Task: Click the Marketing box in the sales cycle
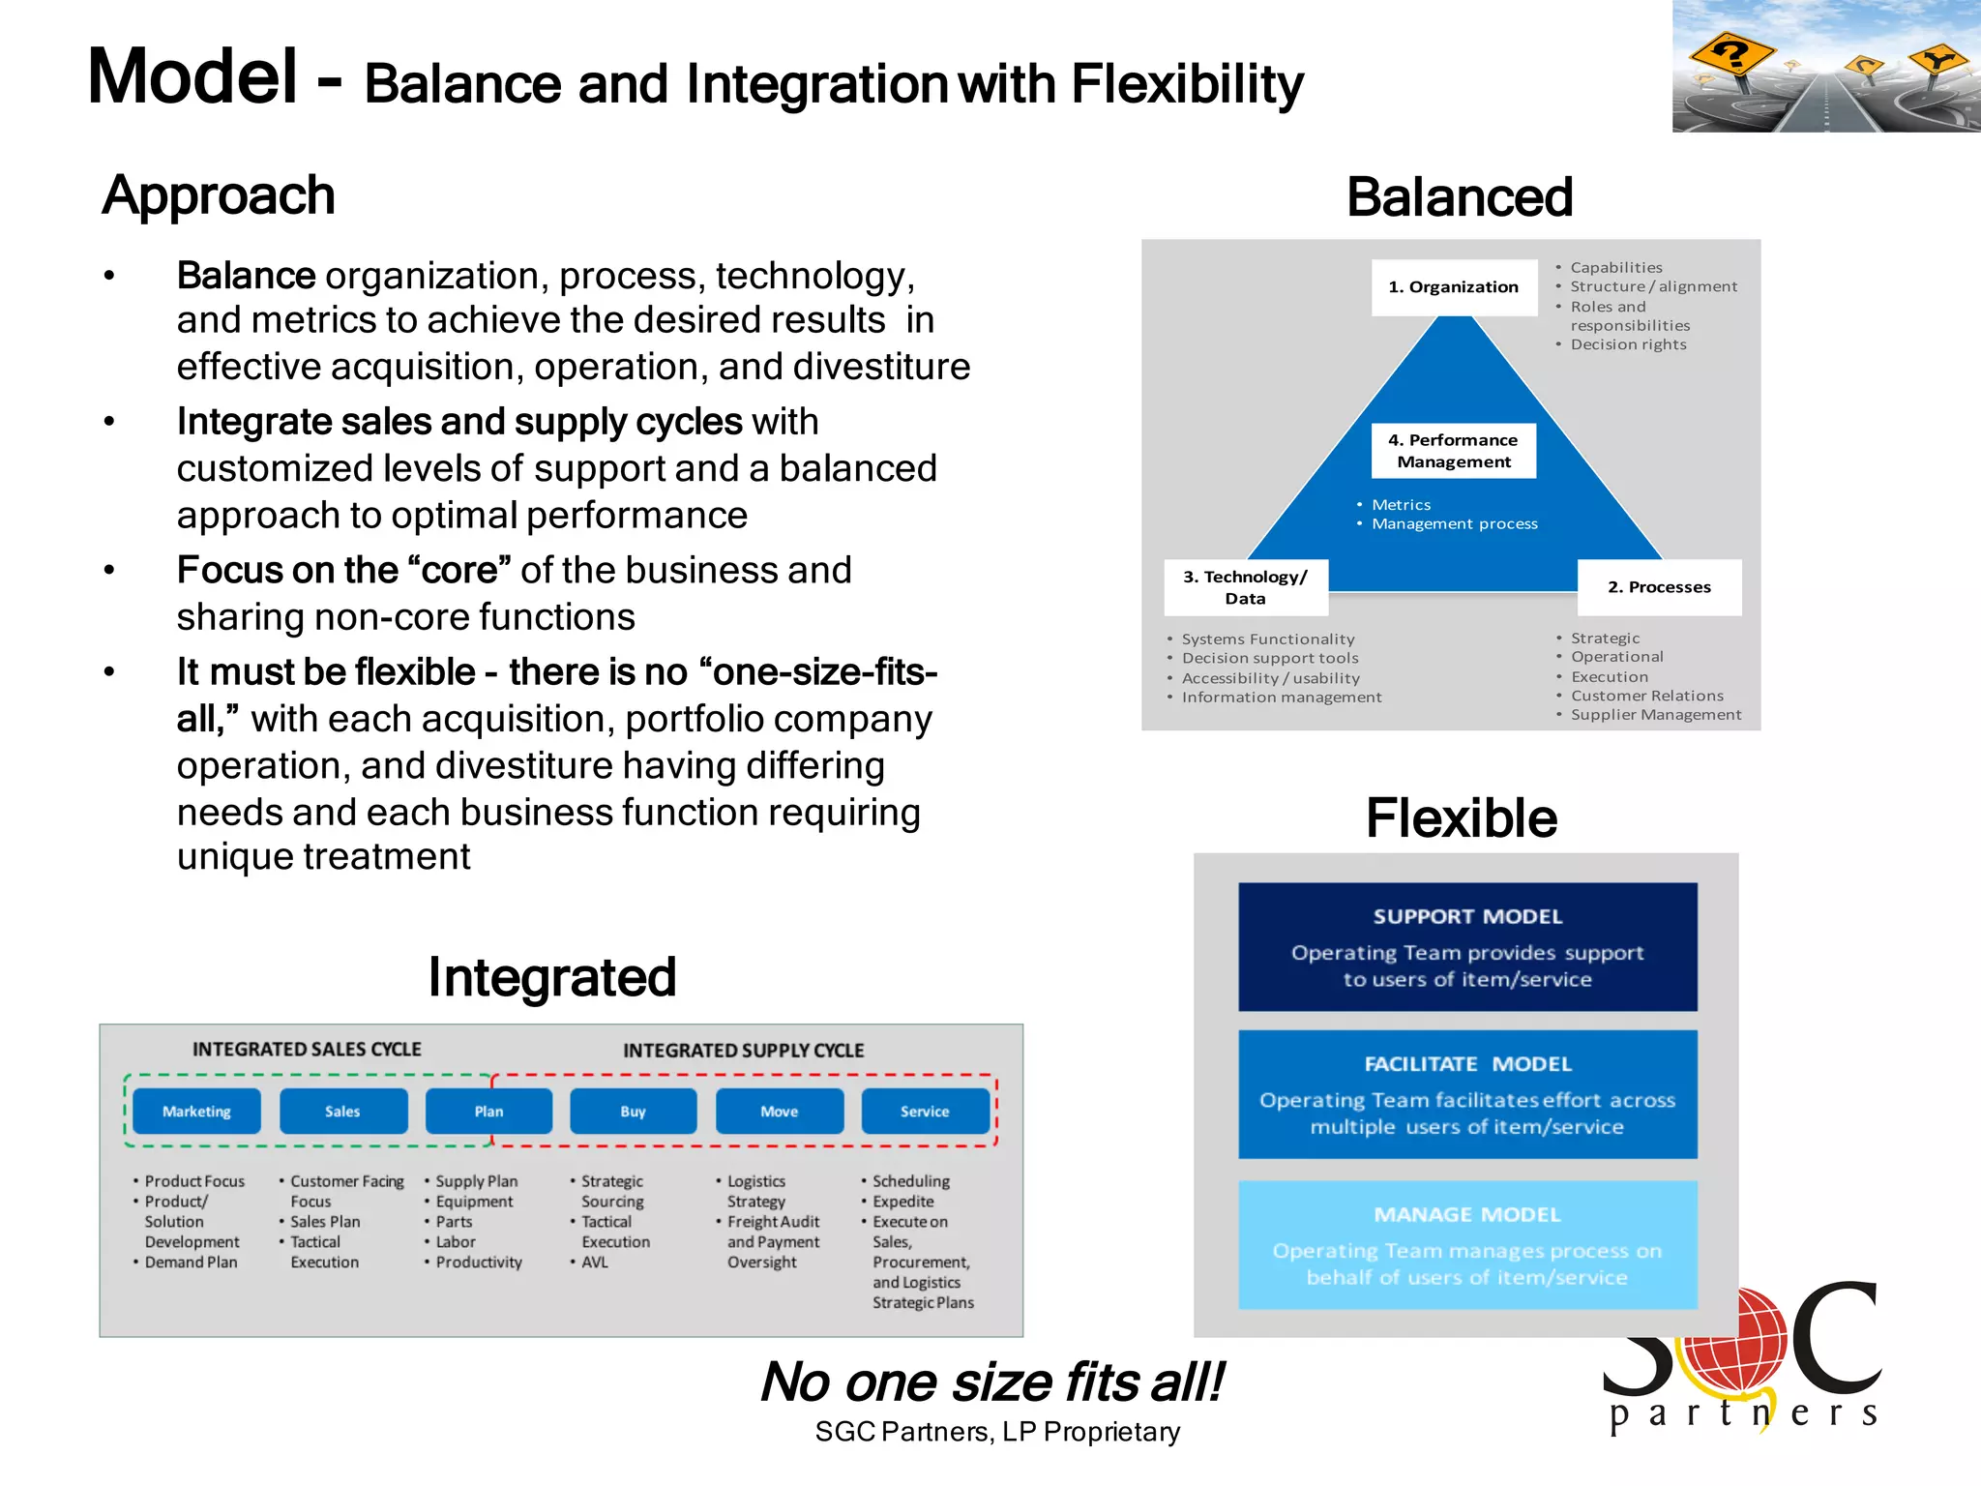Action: point(196,1111)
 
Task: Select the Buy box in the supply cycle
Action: point(633,1111)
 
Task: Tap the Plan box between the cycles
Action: point(488,1111)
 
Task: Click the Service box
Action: point(925,1111)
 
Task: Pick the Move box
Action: point(779,1111)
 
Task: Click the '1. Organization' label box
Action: point(1453,287)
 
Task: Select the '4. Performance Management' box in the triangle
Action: point(1453,451)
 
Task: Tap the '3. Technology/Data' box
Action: point(1245,587)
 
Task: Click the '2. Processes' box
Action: point(1659,587)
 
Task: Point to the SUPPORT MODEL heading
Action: point(1467,916)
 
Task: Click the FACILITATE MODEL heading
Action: point(1467,1064)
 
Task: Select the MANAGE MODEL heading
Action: point(1467,1214)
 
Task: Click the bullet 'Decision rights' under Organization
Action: point(1628,344)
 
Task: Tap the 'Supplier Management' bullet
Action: point(1655,715)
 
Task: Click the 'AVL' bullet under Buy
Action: point(595,1263)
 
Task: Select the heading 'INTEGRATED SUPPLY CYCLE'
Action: point(743,1051)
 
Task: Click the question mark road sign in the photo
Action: point(1732,53)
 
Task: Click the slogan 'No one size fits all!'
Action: point(992,1382)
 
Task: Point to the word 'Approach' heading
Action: point(219,195)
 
